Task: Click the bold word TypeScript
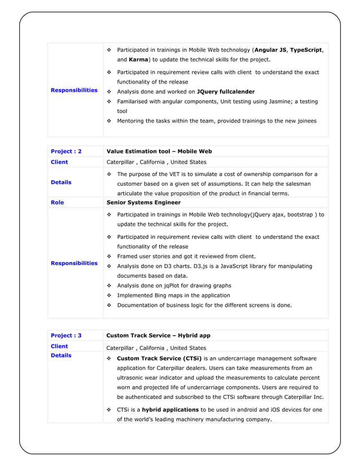[306, 50]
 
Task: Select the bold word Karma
[138, 59]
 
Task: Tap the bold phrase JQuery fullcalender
[225, 91]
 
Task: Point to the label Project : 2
[66, 151]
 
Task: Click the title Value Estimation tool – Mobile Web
[159, 151]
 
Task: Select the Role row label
[58, 202]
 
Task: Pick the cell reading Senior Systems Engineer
[143, 202]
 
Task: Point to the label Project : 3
[66, 335]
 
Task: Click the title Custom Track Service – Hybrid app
[159, 335]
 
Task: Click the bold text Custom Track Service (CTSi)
[159, 358]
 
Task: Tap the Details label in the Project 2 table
[61, 182]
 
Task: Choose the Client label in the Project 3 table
[59, 346]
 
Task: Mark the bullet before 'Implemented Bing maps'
[109, 296]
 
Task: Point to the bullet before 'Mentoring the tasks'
[109, 121]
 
